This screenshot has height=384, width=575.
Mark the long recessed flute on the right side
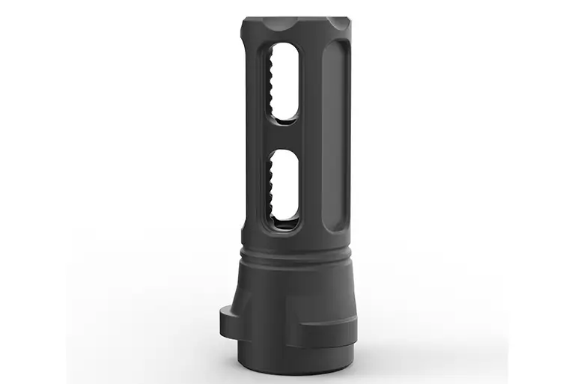pyautogui.click(x=335, y=135)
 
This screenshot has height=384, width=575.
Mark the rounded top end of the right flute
pyautogui.click(x=335, y=46)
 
